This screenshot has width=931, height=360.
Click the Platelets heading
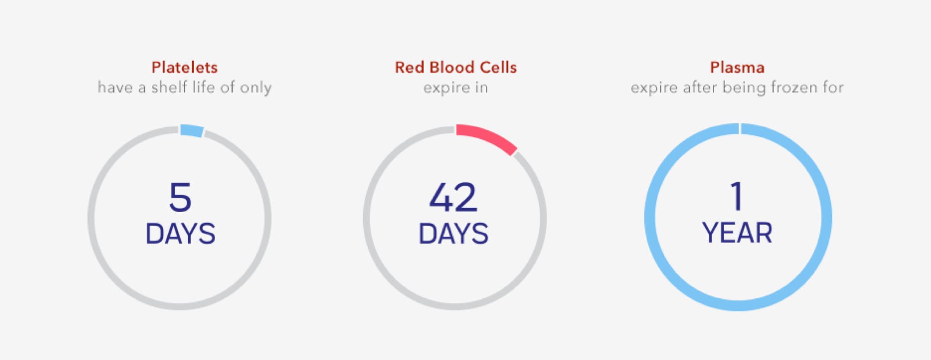[185, 67]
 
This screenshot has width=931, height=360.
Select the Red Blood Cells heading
[455, 67]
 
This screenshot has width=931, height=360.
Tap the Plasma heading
[737, 67]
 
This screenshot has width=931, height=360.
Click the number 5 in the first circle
[180, 197]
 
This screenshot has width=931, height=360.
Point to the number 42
[453, 197]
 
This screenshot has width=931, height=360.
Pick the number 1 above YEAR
[736, 196]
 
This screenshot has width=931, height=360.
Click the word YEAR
[737, 233]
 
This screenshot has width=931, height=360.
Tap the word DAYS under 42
[453, 234]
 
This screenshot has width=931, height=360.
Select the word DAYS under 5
[180, 234]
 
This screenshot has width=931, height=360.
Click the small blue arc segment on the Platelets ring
[191, 130]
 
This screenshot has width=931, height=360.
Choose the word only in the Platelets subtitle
[255, 88]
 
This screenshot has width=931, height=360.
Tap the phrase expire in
[455, 88]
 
